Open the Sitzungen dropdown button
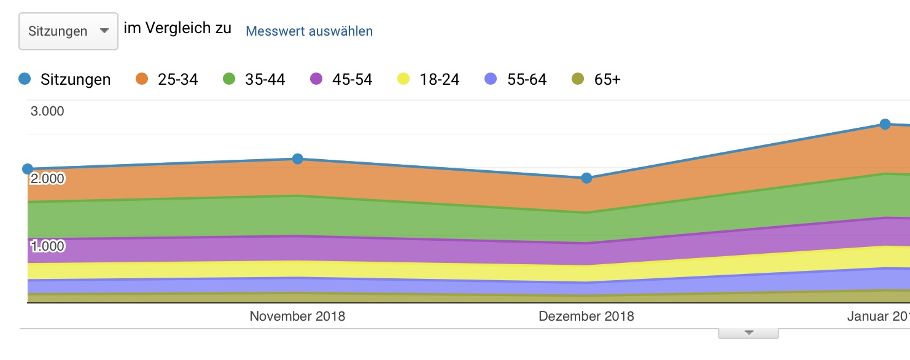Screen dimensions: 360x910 [68, 31]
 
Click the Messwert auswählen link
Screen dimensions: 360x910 [309, 31]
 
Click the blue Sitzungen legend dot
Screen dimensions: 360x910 [25, 79]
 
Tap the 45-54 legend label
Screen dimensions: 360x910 [352, 79]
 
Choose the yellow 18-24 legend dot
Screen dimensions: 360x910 [403, 79]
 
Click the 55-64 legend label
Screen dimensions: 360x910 [527, 79]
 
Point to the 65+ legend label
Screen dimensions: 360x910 [607, 79]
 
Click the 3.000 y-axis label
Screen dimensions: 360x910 [47, 111]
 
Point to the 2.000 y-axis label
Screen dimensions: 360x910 [47, 179]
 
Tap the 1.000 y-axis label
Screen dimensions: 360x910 [47, 246]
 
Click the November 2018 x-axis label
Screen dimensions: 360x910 [297, 316]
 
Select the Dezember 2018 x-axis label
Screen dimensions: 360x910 [586, 316]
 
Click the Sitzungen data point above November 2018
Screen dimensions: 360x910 [298, 158]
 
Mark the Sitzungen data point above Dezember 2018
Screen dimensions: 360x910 [586, 178]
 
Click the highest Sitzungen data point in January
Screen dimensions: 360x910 [885, 124]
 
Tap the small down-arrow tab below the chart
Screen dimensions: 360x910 [749, 333]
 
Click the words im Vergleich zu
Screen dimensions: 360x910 [177, 29]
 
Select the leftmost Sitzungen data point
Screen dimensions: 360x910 [28, 169]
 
